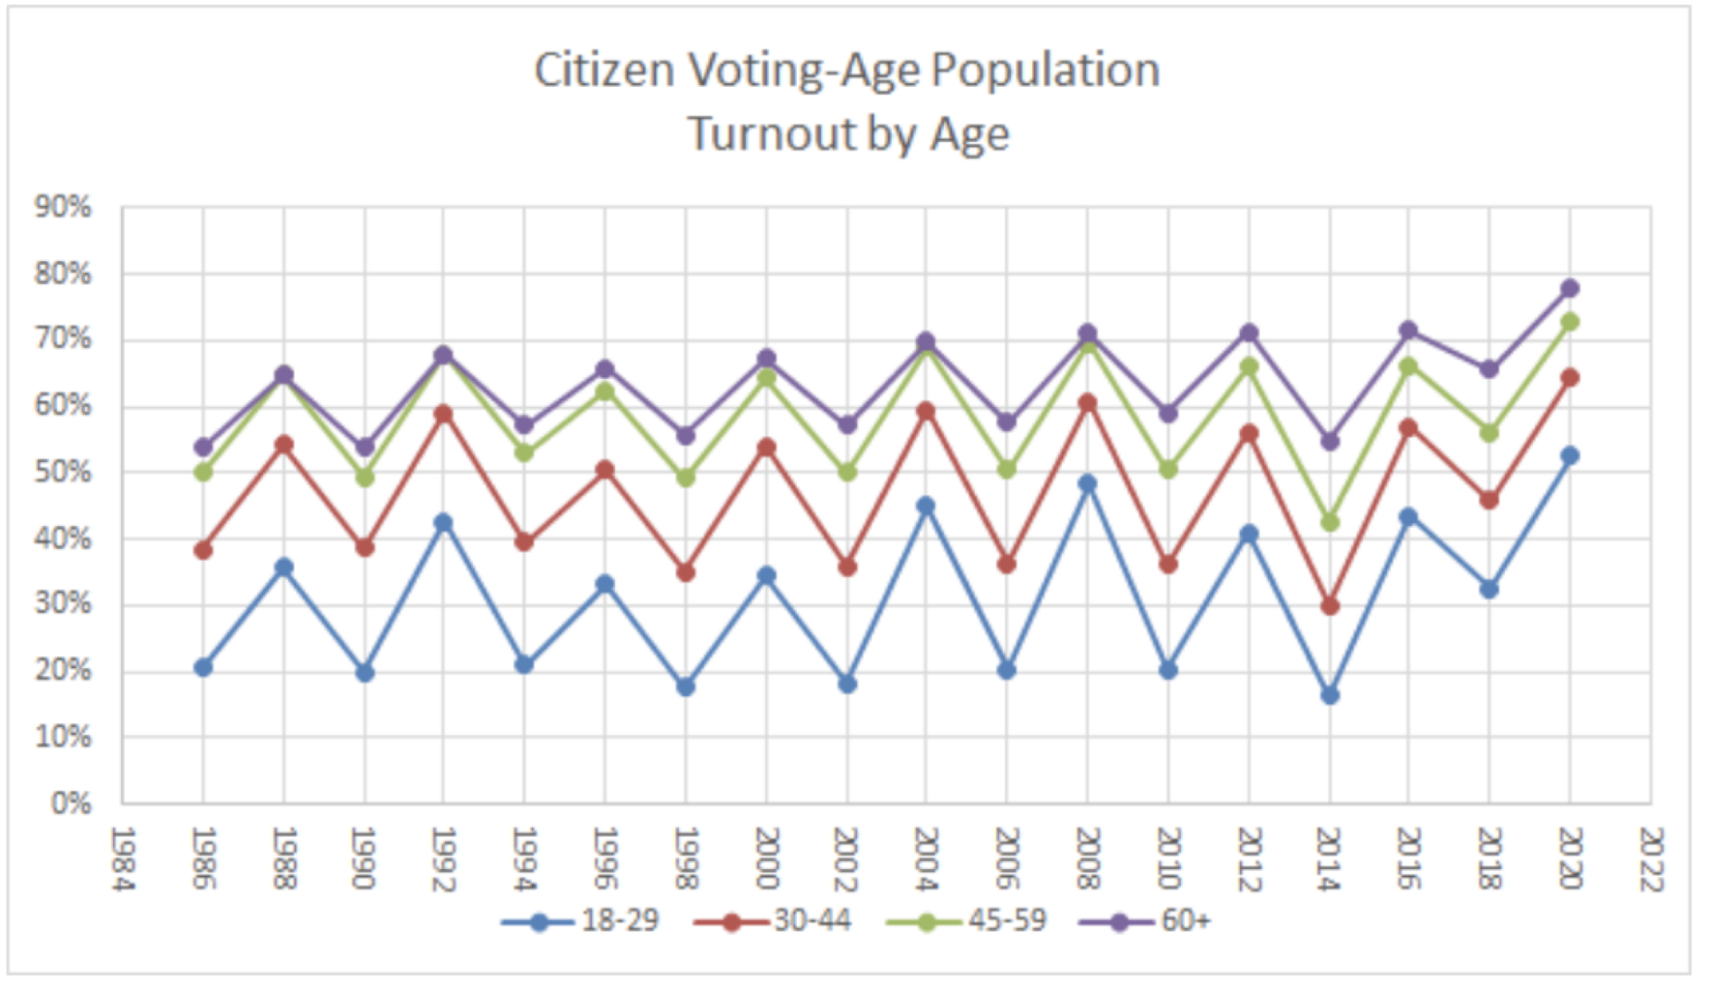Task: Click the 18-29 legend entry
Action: [x=581, y=921]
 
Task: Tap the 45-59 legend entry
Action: [x=968, y=921]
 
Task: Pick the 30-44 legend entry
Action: [x=773, y=921]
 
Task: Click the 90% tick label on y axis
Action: [x=63, y=207]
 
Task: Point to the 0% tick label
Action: [x=71, y=803]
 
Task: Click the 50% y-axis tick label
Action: [x=63, y=472]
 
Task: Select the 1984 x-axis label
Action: [x=122, y=859]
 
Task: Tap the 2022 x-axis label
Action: [x=1650, y=859]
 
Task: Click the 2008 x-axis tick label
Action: [x=1087, y=859]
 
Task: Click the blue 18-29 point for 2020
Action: [x=1570, y=456]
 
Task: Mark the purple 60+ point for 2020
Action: [x=1570, y=288]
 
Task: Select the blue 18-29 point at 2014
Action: [x=1329, y=695]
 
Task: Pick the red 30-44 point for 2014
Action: [x=1329, y=606]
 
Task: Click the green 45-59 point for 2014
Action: [x=1329, y=523]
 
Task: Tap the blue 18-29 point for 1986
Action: [x=203, y=667]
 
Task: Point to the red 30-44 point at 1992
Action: [x=443, y=414]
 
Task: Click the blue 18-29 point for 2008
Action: [x=1087, y=484]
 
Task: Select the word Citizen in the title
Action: [x=603, y=70]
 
